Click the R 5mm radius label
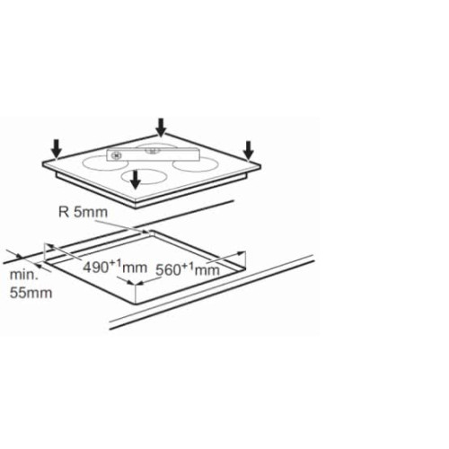83,212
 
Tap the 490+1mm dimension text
115,267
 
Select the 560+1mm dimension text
188,269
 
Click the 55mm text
31,293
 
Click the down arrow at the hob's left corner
56,148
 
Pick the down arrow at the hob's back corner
161,128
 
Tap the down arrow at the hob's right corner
248,150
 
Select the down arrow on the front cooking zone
136,180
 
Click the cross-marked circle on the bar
116,155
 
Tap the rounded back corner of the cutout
150,231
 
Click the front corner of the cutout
136,304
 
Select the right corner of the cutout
246,269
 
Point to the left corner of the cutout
45,261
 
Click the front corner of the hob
137,201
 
